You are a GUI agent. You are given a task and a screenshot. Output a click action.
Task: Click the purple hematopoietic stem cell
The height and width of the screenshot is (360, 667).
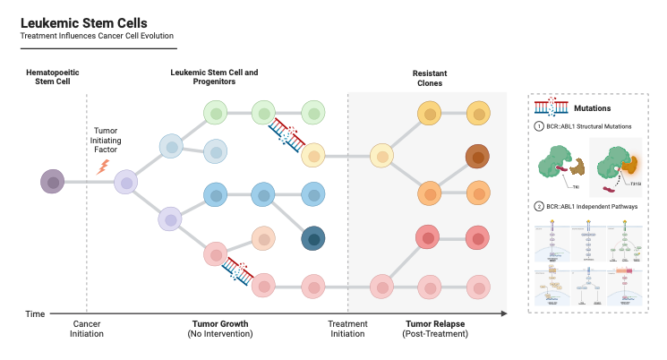[54, 183]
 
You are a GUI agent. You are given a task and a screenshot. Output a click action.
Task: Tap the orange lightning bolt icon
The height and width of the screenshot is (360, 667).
[103, 166]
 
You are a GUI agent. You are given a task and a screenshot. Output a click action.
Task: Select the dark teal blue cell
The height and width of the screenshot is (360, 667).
[312, 237]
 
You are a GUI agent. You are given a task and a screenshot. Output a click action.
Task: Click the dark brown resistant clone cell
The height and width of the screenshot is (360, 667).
[478, 159]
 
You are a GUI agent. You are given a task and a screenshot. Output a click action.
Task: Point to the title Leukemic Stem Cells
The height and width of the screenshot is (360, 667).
[84, 21]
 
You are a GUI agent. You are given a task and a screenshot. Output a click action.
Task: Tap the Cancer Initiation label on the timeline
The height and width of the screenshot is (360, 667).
[87, 328]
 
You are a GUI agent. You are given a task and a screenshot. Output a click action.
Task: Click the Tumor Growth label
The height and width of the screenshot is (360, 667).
[220, 323]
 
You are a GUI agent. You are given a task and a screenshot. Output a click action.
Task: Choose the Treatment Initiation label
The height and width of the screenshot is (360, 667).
[347, 328]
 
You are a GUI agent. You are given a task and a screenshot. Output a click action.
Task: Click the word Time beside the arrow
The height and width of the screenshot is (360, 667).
[35, 313]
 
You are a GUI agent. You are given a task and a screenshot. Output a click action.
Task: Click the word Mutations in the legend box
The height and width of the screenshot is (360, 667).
[592, 108]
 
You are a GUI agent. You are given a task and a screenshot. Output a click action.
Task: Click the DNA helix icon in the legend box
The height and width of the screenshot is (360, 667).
[552, 107]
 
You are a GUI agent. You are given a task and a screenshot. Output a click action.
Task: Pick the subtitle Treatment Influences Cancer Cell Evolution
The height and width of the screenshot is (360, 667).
[96, 36]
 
